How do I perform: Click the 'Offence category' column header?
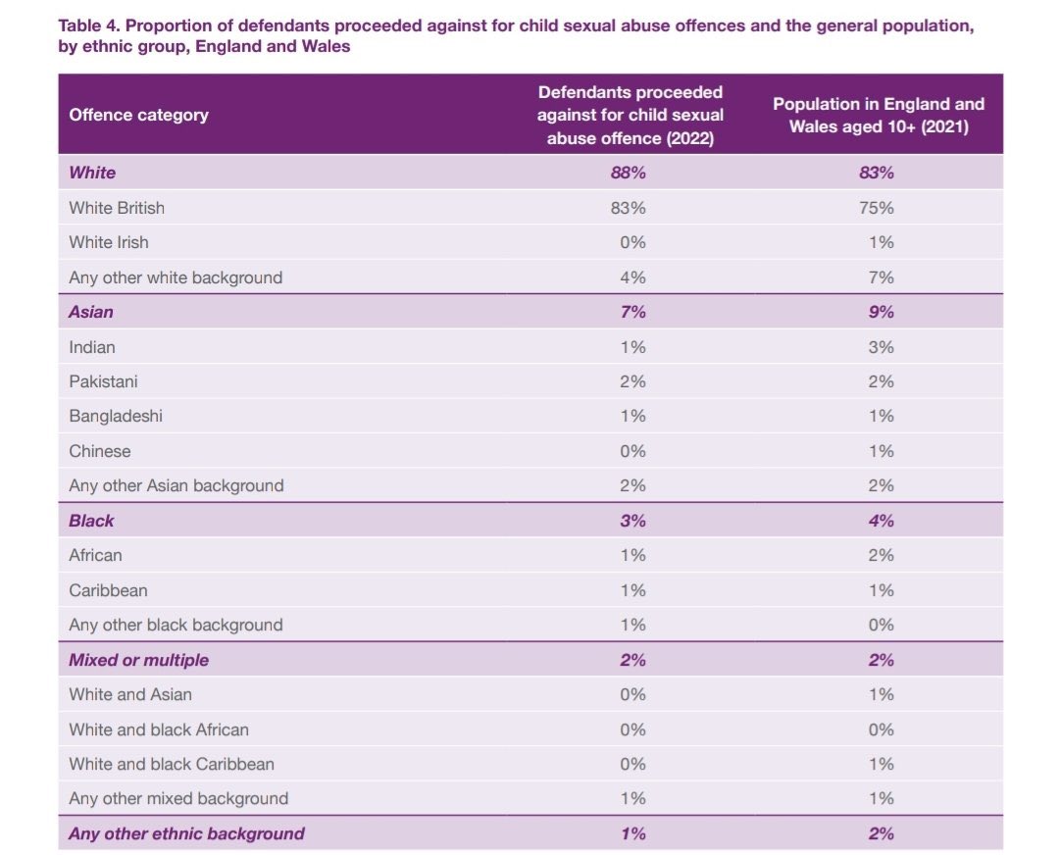point(138,115)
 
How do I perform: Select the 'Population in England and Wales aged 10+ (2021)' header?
point(879,115)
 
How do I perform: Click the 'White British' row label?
point(117,208)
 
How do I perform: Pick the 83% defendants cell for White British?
point(632,208)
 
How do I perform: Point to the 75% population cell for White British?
point(880,208)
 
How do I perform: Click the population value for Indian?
point(880,347)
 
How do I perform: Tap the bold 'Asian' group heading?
point(91,312)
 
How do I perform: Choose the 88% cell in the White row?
point(632,173)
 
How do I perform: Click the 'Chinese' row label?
point(99,451)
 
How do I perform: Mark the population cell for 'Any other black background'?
point(880,625)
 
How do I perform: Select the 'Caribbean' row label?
point(108,590)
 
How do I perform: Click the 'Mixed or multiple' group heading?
point(138,660)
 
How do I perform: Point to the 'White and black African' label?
point(159,729)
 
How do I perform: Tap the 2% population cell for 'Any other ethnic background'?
point(880,833)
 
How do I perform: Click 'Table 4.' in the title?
point(91,26)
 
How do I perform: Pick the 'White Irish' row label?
point(109,242)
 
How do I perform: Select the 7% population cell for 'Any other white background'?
point(880,277)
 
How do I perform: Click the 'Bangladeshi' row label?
point(116,416)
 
